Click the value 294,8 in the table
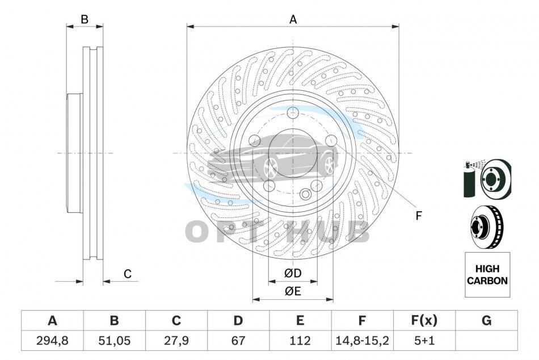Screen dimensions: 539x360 click(x=52, y=341)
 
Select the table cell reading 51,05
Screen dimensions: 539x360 click(x=114, y=341)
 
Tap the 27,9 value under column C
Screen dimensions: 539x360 click(x=176, y=341)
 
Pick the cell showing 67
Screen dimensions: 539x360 click(x=238, y=341)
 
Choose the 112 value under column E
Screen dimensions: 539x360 click(x=300, y=341)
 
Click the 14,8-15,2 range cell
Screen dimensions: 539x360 click(x=362, y=341)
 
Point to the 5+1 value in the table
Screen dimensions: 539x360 click(x=424, y=341)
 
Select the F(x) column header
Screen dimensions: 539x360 click(x=424, y=321)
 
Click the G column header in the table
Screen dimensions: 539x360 click(x=486, y=321)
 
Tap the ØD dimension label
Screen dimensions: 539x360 click(x=293, y=273)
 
